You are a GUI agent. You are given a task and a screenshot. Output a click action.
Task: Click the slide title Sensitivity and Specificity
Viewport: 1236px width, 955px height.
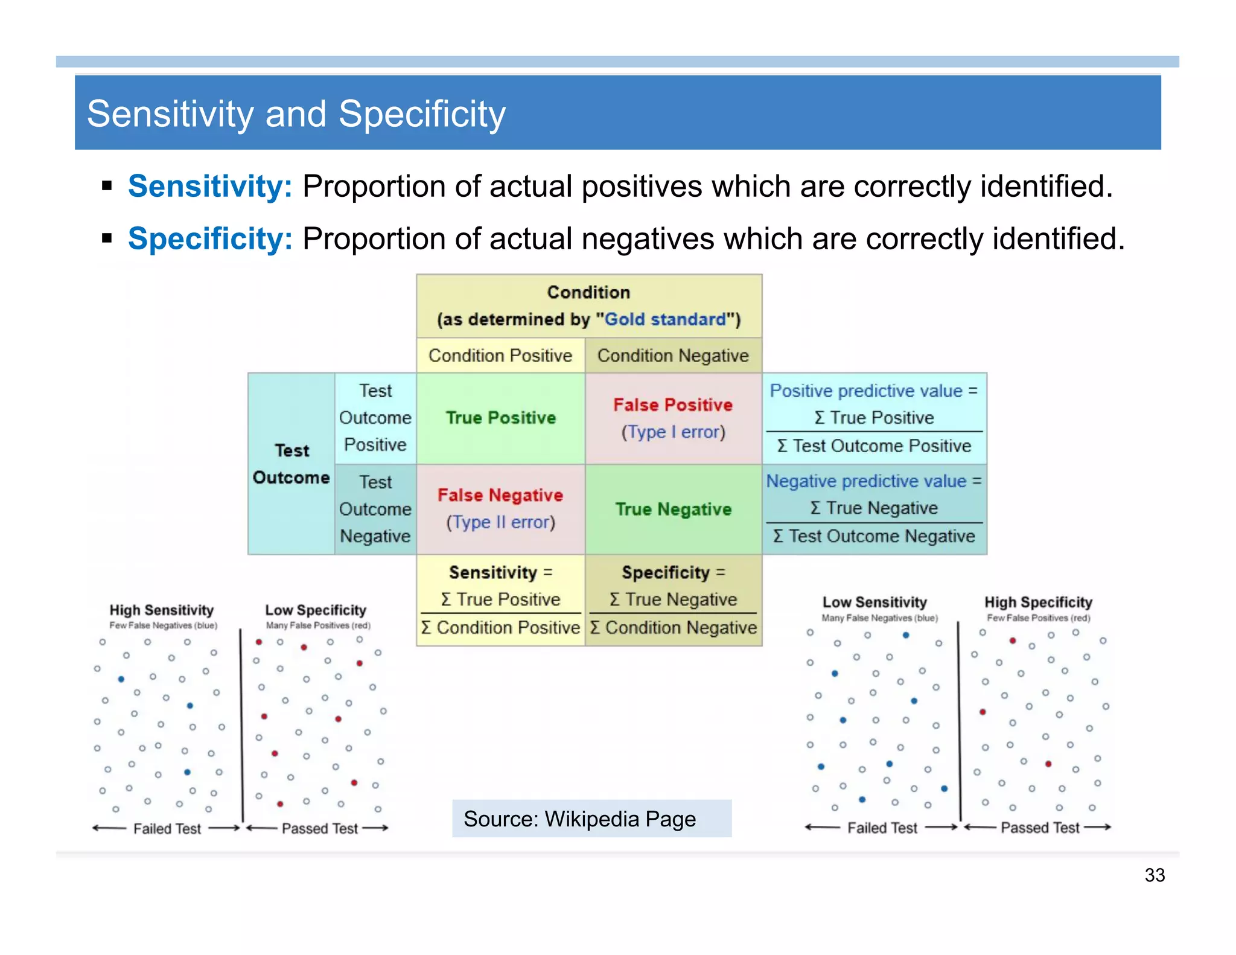(296, 114)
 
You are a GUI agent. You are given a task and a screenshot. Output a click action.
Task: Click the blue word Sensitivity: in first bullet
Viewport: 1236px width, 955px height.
(210, 186)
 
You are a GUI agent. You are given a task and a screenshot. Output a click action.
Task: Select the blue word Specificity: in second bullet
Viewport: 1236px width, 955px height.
(210, 238)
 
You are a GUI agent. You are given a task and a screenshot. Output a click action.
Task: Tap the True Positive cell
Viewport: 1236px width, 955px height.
(500, 418)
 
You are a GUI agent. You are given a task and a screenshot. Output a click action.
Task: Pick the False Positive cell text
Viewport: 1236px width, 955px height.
(673, 405)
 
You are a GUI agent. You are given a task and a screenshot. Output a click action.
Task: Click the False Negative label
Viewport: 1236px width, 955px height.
(500, 496)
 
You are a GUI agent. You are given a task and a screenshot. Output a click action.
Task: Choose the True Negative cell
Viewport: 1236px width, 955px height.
(673, 509)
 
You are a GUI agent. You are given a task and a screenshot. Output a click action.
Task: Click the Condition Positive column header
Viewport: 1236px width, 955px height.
(500, 356)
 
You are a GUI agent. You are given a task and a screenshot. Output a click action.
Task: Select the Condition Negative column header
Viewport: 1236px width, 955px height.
(673, 356)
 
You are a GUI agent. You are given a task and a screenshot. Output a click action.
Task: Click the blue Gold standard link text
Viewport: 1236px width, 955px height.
(665, 319)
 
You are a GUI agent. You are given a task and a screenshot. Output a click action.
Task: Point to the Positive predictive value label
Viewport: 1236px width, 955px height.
(866, 391)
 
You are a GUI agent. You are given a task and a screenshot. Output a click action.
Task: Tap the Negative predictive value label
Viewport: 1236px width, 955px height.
(866, 481)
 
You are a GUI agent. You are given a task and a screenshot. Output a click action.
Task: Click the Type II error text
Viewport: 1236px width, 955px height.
(500, 522)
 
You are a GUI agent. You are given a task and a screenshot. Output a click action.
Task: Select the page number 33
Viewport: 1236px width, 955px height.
(1155, 875)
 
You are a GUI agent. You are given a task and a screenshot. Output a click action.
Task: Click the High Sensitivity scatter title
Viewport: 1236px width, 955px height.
(161, 610)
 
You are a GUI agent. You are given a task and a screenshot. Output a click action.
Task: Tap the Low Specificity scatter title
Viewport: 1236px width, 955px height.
(316, 610)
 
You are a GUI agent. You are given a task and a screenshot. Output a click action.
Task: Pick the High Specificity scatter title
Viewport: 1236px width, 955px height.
(1038, 602)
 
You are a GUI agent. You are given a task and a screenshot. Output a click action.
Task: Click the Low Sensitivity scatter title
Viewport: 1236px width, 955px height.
(874, 602)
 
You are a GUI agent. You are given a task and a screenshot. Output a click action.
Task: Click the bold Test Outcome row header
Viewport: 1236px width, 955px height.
(291, 464)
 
